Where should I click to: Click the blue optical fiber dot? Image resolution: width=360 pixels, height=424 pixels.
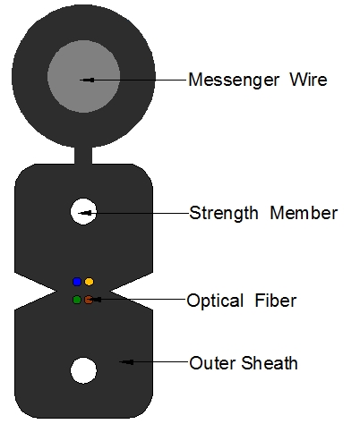tap(77, 282)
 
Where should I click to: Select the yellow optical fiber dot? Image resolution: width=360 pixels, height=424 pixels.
tap(89, 282)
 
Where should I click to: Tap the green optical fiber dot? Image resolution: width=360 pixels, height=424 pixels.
tap(77, 300)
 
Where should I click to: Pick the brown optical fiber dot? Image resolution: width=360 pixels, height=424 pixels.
tap(89, 300)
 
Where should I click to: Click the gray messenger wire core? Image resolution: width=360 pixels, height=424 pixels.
tap(84, 77)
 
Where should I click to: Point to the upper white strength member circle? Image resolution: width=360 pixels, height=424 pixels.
tap(83, 211)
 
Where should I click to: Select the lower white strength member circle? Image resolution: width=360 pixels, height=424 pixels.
tap(83, 370)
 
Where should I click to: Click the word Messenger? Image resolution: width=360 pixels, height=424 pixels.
tap(234, 81)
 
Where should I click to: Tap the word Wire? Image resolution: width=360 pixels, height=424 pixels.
tap(309, 80)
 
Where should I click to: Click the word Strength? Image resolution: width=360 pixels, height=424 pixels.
tap(224, 213)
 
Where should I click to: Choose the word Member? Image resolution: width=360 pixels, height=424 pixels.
tap(304, 213)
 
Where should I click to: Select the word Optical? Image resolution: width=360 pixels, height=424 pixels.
tap(215, 301)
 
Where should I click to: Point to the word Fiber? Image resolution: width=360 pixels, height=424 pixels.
tap(276, 300)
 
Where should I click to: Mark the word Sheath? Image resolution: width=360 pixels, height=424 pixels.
tap(270, 363)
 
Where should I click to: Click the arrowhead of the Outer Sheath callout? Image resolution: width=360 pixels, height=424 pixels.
tap(126, 362)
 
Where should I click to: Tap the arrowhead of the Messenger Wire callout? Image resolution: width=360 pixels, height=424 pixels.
tap(87, 80)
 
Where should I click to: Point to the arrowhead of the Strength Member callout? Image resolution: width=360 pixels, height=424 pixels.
tap(85, 213)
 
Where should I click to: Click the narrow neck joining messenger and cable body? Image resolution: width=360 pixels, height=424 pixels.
tap(83, 156)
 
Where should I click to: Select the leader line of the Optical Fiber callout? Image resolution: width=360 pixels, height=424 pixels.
tap(139, 299)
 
